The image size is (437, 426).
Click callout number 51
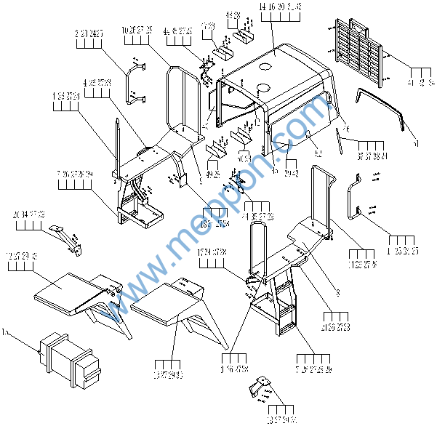click(x=415, y=145)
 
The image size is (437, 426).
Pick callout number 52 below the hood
click(x=318, y=153)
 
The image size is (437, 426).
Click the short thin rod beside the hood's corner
click(x=340, y=137)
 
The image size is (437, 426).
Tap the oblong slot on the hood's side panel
click(x=309, y=134)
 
